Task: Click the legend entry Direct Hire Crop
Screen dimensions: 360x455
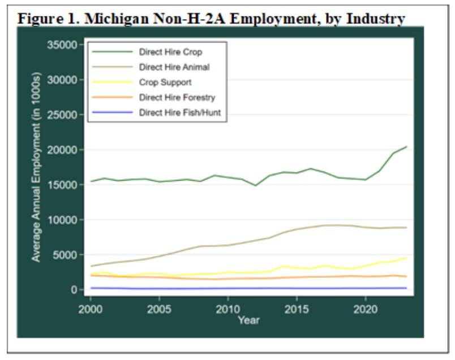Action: [170, 52]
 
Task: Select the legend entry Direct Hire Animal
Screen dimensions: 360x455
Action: [174, 67]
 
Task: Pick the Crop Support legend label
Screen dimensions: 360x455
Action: [165, 83]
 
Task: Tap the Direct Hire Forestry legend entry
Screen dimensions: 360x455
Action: [177, 98]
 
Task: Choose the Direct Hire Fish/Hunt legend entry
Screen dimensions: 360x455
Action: [179, 113]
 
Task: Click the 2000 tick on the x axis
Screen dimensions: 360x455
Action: [91, 309]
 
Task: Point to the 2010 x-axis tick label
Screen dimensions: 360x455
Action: [227, 309]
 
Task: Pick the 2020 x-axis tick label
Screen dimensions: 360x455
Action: [365, 309]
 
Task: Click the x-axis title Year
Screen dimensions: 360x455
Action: [248, 320]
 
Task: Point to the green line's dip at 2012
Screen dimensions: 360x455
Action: [255, 185]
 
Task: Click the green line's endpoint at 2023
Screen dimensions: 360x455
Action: [406, 147]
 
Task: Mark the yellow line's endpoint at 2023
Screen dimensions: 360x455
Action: [406, 258]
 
